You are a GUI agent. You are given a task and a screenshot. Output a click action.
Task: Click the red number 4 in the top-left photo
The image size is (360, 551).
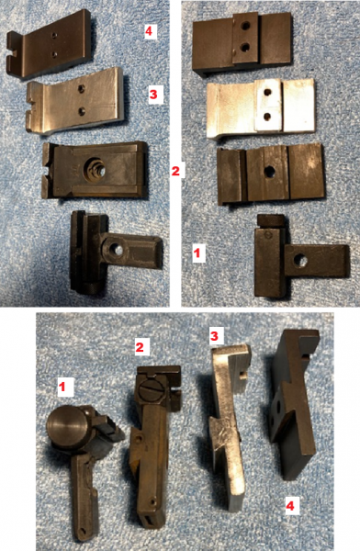click(x=149, y=31)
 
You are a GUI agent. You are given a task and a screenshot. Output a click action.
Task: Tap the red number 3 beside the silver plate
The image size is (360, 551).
click(x=153, y=95)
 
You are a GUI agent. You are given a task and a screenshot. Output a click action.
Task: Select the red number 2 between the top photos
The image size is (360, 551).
click(x=175, y=171)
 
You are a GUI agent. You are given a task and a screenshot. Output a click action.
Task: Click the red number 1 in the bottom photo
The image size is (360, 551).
click(x=62, y=387)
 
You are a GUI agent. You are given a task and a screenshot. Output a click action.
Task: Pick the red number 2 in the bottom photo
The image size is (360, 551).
click(x=140, y=347)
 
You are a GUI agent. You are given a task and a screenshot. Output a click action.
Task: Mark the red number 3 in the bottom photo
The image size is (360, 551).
click(x=214, y=336)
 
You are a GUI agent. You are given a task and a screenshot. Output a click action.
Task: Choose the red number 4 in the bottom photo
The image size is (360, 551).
click(x=289, y=506)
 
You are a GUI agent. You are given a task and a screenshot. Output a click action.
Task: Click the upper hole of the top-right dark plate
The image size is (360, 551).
click(x=246, y=26)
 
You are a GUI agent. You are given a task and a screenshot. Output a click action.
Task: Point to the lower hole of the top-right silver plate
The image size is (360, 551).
click(x=267, y=116)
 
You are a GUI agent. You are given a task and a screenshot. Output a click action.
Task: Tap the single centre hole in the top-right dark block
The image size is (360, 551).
click(x=270, y=172)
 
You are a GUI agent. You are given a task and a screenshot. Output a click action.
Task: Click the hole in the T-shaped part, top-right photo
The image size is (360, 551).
click(x=300, y=261)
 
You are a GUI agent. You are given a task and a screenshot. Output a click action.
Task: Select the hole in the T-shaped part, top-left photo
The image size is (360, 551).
click(x=116, y=249)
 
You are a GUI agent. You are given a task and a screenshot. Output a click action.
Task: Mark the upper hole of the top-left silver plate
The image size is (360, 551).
click(x=81, y=89)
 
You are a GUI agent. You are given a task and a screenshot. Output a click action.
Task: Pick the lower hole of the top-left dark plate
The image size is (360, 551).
click(x=54, y=54)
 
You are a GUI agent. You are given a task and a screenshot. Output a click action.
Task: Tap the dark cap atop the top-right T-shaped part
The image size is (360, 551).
click(x=271, y=220)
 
